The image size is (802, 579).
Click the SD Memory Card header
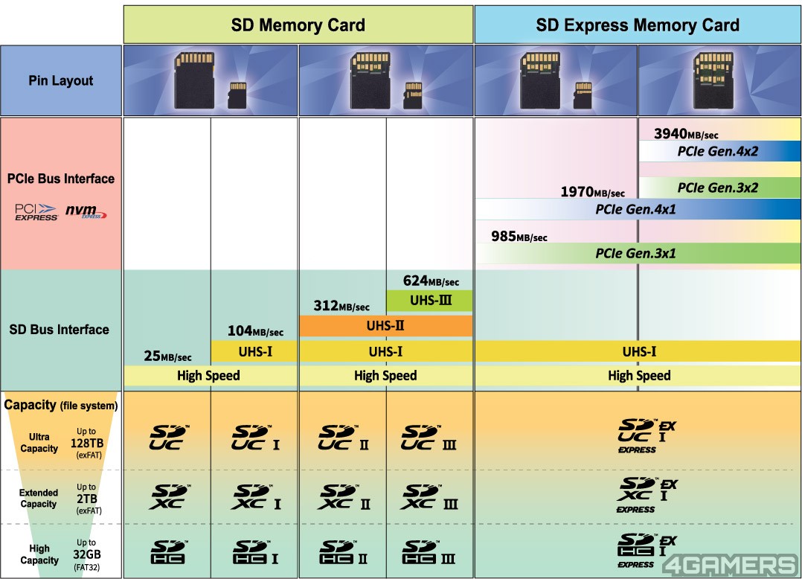[x=298, y=25]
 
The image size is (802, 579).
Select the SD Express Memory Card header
[x=638, y=25]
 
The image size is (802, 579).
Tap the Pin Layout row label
[x=61, y=80]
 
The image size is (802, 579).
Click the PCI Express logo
[x=36, y=212]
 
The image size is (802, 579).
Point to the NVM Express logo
[x=86, y=212]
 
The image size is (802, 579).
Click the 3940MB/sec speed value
[x=686, y=134]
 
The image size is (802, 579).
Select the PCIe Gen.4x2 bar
[x=719, y=151]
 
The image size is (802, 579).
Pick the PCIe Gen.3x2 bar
[x=719, y=188]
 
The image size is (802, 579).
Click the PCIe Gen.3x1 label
[x=635, y=253]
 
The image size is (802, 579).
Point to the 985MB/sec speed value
[x=519, y=237]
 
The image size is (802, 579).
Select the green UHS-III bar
[x=429, y=301]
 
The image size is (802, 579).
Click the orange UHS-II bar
[x=385, y=325]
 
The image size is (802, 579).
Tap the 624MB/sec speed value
[x=431, y=281]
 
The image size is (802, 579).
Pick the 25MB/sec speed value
[x=167, y=356]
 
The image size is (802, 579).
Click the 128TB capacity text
[x=86, y=442]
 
